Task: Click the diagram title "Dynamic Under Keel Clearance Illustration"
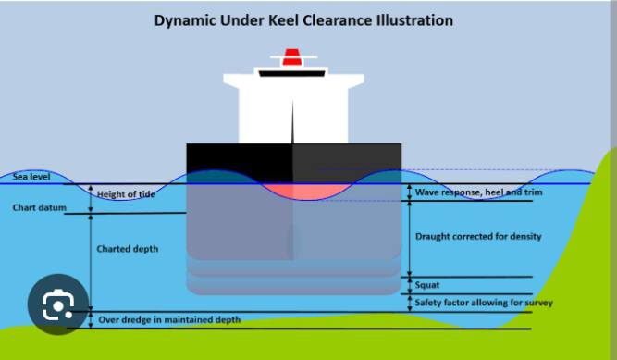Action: pos(303,20)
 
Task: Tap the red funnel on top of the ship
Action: pos(291,56)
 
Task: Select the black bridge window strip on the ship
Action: pos(291,74)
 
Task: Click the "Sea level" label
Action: pos(31,177)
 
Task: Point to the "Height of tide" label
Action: pos(126,194)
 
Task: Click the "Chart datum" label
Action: pos(40,207)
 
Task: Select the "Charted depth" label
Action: pos(128,249)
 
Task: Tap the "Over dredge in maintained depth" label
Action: pos(169,319)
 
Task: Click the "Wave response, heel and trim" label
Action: pos(478,192)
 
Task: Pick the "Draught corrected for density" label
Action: pos(478,236)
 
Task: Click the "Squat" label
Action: pos(427,285)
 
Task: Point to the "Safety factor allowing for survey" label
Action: pos(484,303)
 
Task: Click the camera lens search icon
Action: pos(58,304)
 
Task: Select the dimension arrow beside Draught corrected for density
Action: pos(409,239)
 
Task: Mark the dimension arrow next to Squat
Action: pos(409,286)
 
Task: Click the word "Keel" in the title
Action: pos(284,20)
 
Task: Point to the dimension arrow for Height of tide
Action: pos(91,199)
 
